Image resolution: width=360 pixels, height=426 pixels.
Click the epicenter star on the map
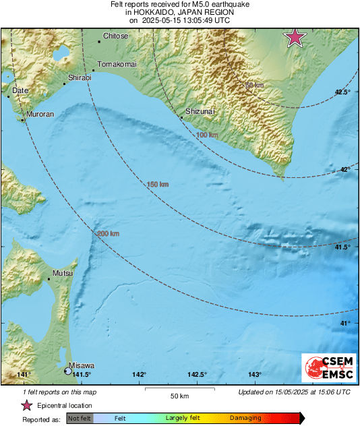coord(295,38)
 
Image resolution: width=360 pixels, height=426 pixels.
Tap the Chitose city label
coord(115,36)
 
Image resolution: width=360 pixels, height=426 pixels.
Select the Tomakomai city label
coord(117,63)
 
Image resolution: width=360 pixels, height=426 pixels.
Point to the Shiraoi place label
coord(80,78)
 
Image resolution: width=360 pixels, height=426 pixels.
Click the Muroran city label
coord(40,115)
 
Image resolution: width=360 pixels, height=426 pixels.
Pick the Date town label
coord(20,90)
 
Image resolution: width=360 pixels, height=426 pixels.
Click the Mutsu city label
coord(61,274)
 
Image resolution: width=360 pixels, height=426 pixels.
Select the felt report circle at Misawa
coord(67,371)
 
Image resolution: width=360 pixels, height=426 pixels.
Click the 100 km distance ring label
coord(207,135)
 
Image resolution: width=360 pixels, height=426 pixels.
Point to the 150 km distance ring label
coord(158,184)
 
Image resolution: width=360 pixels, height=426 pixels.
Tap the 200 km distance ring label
coord(108,234)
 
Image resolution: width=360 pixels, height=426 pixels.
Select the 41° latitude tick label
coord(345,324)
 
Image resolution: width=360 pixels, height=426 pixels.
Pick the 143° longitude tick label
coord(255,375)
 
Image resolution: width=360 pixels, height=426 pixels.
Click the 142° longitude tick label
coord(140,375)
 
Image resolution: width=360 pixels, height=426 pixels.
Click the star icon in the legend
coord(27,405)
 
